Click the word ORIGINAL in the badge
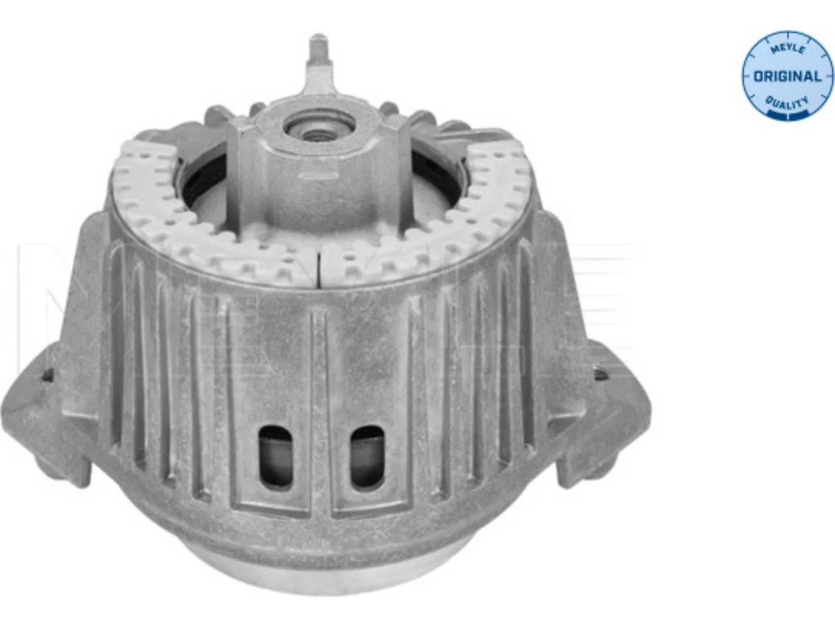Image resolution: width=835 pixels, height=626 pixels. pos(787,77)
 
